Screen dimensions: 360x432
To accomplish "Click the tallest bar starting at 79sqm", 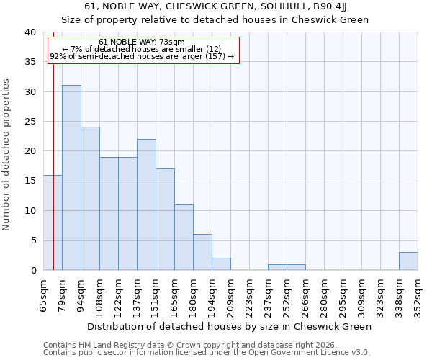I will (x=71, y=178).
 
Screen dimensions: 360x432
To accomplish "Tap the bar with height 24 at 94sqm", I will (x=90, y=199).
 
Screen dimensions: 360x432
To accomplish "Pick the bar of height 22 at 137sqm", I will (x=146, y=204).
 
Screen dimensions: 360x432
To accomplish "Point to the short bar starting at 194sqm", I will (x=221, y=264).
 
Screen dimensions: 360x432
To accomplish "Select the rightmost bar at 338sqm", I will (x=408, y=261).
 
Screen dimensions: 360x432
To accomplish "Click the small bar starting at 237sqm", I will (x=277, y=267).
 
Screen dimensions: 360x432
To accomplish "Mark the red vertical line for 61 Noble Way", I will (x=53, y=158).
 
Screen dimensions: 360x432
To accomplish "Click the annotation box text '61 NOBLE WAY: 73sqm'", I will (x=142, y=42).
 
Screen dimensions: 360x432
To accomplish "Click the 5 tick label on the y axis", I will (x=32, y=240).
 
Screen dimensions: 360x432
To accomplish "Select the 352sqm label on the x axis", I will (x=418, y=294).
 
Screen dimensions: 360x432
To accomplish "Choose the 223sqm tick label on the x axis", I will (x=250, y=294).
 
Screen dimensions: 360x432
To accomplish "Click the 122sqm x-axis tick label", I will (x=119, y=294).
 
